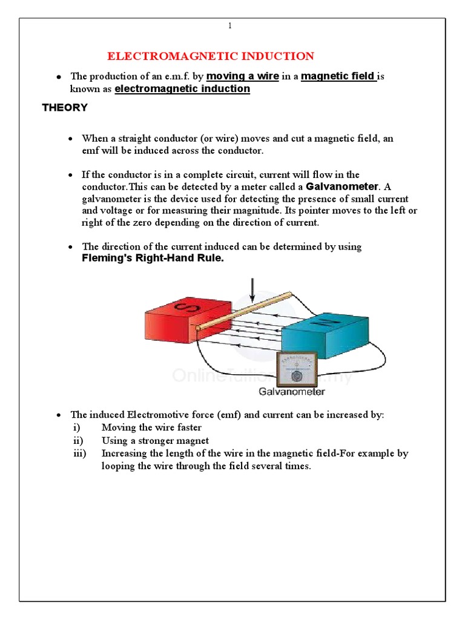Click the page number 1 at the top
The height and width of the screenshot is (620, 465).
[230, 25]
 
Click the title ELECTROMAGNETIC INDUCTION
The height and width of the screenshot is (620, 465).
[211, 56]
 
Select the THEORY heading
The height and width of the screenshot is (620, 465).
[65, 108]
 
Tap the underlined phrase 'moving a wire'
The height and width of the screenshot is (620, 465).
[243, 76]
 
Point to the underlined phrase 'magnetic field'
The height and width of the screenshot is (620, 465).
[338, 76]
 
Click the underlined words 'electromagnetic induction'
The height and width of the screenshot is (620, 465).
[182, 89]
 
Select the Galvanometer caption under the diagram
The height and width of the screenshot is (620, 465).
[292, 392]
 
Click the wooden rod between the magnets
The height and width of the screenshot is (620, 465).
[242, 311]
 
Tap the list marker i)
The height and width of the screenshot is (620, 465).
[76, 427]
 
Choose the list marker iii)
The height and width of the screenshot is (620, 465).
[79, 453]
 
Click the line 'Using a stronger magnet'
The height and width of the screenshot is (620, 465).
[155, 441]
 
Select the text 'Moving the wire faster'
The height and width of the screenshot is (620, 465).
[151, 427]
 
